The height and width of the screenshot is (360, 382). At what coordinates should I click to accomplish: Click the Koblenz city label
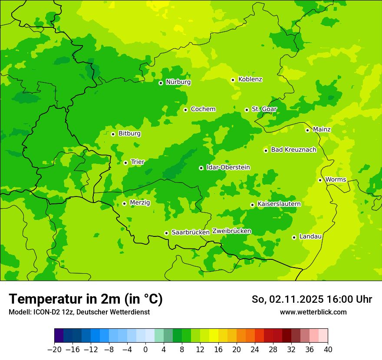(x=250, y=79)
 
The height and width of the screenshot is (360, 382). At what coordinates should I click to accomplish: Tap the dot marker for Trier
(x=125, y=163)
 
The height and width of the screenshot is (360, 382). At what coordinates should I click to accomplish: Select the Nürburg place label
(x=178, y=82)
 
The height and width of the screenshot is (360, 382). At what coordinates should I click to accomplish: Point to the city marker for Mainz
(x=307, y=130)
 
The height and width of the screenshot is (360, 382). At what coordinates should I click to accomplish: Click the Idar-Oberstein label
(x=228, y=167)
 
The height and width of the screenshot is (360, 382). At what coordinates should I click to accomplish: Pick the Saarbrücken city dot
(x=166, y=233)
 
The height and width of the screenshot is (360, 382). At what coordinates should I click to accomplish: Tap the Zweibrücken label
(x=231, y=231)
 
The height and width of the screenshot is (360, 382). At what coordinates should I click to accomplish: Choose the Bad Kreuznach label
(x=293, y=150)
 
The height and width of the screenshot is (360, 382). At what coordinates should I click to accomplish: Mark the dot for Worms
(x=320, y=180)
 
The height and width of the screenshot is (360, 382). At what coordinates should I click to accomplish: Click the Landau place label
(x=310, y=236)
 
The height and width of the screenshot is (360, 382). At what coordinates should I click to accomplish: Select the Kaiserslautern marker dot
(x=252, y=205)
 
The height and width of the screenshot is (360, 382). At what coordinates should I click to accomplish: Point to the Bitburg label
(x=129, y=134)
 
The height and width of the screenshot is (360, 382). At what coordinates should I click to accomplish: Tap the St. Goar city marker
(x=247, y=110)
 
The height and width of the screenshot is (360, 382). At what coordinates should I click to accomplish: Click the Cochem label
(x=203, y=109)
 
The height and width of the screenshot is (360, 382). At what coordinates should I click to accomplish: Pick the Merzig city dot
(x=124, y=203)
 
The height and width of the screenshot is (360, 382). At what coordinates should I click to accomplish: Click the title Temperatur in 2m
(x=86, y=299)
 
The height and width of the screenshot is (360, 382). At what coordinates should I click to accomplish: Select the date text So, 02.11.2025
(x=287, y=299)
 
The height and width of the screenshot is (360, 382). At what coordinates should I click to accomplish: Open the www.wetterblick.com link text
(x=313, y=312)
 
